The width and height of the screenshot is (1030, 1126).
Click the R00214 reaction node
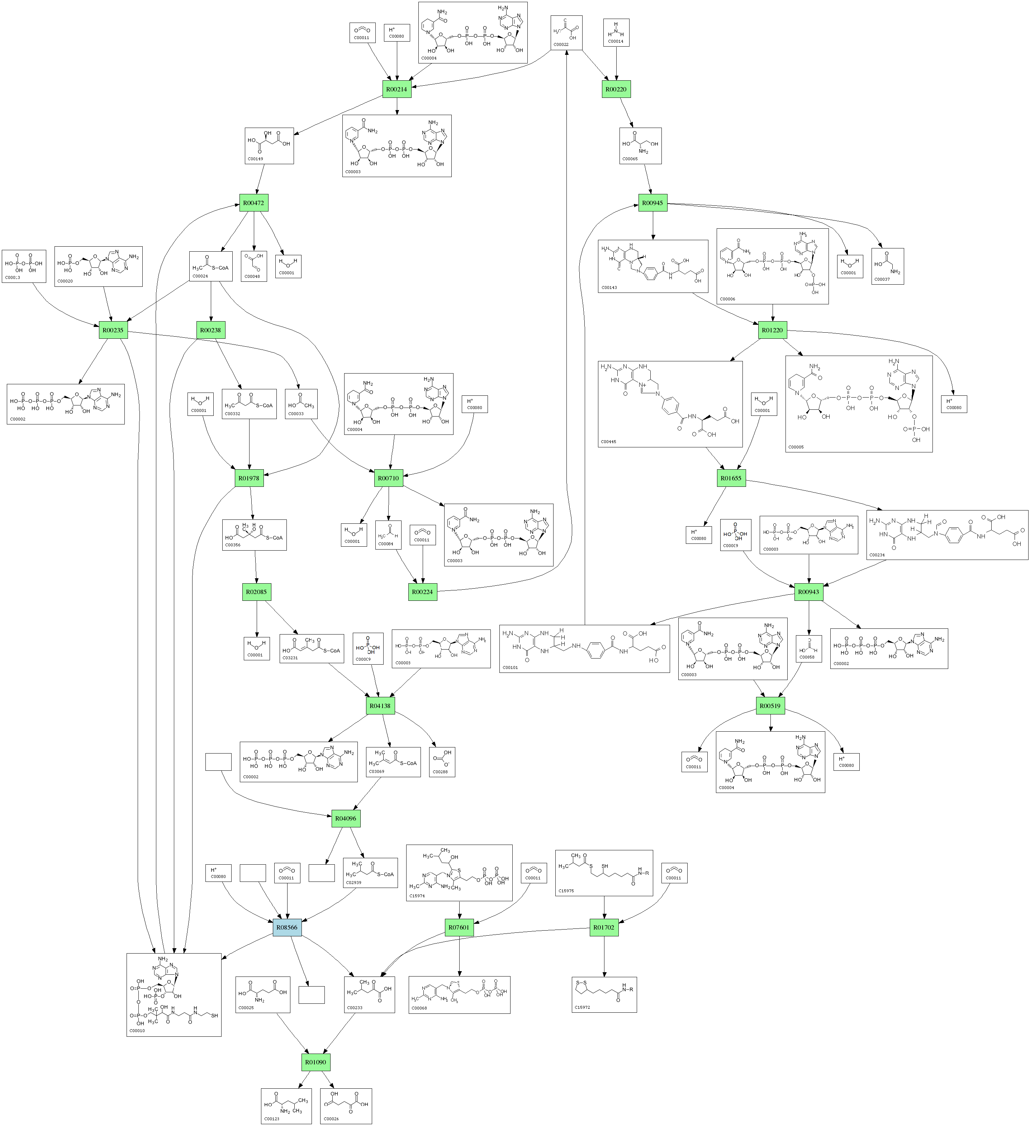[x=397, y=89]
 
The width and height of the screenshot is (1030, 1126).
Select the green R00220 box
[x=616, y=89]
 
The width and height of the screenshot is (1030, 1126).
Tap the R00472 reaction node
[x=253, y=203]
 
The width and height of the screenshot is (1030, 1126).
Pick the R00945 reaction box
[x=652, y=203]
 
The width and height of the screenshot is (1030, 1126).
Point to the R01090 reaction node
[x=315, y=1062]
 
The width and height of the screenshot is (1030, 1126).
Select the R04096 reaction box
[x=346, y=819]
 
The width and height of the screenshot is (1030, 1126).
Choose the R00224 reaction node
[x=422, y=592]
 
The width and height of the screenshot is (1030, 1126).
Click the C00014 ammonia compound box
[x=616, y=32]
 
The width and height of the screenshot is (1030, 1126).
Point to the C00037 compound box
[x=887, y=266]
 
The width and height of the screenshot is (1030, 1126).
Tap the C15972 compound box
[x=604, y=995]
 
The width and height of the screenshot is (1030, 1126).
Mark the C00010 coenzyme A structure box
[x=174, y=995]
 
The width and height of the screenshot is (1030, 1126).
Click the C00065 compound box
[x=640, y=146]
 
